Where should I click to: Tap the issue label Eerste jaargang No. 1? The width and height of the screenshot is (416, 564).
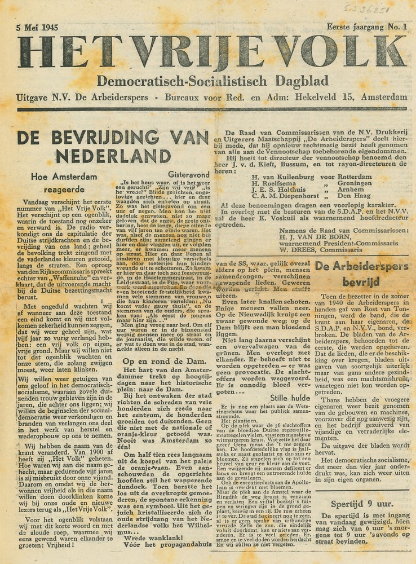366,26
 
